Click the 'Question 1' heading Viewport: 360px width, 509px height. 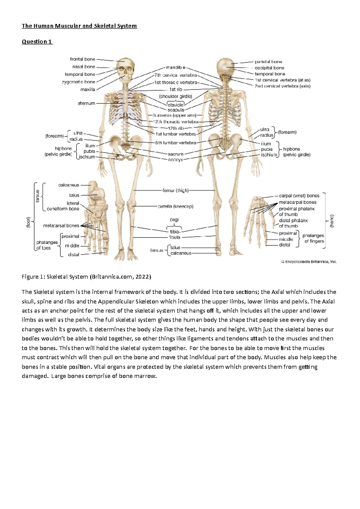point(37,42)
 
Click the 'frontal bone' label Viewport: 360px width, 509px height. point(82,59)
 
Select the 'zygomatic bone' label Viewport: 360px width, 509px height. point(79,82)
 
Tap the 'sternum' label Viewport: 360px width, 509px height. point(86,103)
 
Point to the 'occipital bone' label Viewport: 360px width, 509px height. point(269,68)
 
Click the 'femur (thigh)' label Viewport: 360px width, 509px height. point(175,190)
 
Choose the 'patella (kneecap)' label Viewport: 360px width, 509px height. point(175,206)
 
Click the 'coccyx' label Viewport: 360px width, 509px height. point(175,160)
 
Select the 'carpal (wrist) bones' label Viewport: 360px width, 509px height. point(299,195)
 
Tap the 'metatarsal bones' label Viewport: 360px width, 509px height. point(61,225)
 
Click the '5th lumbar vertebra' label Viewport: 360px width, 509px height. point(175,143)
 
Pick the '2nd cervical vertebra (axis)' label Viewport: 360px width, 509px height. point(282,86)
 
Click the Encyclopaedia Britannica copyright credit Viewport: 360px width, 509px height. point(309,262)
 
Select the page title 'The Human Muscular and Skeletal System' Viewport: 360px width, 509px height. point(79,26)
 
